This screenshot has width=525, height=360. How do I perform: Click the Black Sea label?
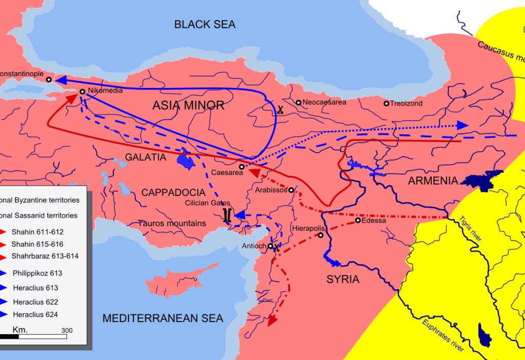[204, 24]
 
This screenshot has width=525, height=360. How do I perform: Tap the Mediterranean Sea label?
[163, 318]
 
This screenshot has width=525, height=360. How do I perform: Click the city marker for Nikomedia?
[82, 92]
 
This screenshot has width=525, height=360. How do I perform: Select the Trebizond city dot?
[387, 103]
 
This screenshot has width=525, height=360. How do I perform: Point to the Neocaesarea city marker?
[298, 102]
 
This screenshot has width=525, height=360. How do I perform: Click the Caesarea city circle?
[241, 167]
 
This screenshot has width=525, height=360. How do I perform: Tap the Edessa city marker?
[358, 221]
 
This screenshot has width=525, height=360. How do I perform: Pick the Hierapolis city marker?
[320, 236]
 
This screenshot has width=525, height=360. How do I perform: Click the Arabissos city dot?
[291, 190]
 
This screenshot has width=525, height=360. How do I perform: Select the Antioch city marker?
[270, 246]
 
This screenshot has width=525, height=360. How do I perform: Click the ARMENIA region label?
[432, 181]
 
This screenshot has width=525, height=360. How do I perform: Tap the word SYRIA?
[343, 280]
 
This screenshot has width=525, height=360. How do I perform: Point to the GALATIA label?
[146, 157]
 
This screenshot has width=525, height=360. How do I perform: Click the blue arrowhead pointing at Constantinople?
[61, 80]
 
